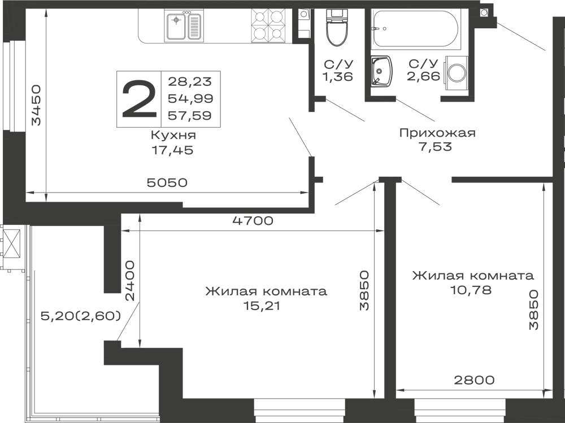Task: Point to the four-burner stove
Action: point(268,25)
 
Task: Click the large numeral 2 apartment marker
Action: point(139,99)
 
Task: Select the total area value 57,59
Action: point(190,116)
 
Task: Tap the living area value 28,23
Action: point(190,81)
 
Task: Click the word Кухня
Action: point(173,136)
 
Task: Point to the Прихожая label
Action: point(437,133)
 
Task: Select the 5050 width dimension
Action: point(167,182)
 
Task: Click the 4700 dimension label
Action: point(253,220)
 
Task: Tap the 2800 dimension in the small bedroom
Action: point(474,380)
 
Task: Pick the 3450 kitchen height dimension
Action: point(36,105)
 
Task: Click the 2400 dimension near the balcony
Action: point(130,281)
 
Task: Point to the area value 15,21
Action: point(262,306)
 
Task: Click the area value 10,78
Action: point(471,290)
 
